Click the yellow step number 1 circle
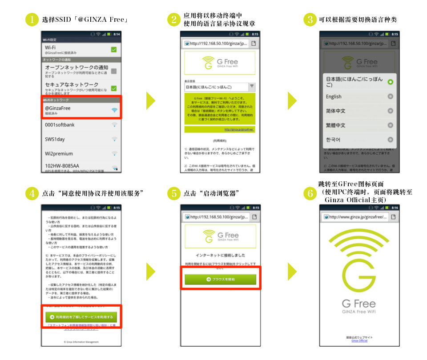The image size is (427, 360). (32, 20)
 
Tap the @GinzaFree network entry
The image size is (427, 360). (81, 110)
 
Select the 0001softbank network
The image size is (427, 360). (81, 125)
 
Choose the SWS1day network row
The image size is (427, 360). (81, 140)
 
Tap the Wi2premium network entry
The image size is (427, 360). (81, 154)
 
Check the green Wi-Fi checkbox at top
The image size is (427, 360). (113, 49)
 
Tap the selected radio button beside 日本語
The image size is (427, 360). (390, 82)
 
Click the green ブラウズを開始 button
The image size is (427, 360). (221, 279)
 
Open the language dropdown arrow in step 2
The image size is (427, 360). (252, 87)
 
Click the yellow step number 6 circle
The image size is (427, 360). (310, 193)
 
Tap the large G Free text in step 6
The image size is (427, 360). (359, 304)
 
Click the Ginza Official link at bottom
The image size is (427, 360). (359, 340)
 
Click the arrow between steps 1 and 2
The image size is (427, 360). (150, 101)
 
